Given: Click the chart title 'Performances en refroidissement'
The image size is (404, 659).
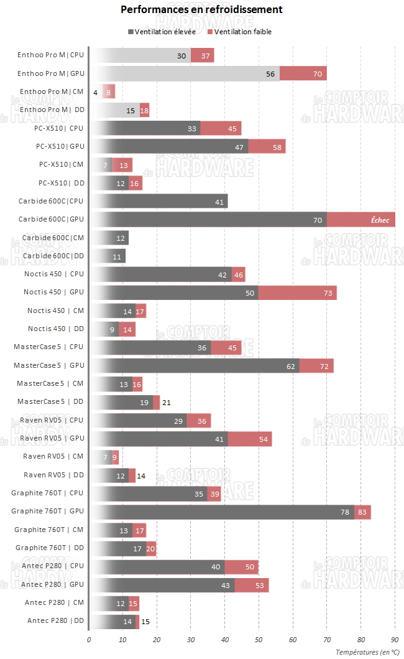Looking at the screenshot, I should click(x=201, y=9).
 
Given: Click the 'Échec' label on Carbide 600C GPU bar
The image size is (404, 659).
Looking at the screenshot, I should click(x=380, y=220).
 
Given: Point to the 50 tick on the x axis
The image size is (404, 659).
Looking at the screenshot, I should click(x=259, y=639).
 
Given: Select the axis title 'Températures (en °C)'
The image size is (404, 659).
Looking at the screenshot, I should click(x=368, y=652).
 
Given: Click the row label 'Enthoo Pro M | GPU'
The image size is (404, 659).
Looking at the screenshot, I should click(x=50, y=74).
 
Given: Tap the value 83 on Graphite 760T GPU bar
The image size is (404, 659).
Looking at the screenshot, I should click(x=363, y=512).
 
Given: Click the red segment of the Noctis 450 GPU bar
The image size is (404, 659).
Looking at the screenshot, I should click(x=297, y=292).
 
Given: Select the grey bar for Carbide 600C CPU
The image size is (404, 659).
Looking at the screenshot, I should click(x=158, y=202).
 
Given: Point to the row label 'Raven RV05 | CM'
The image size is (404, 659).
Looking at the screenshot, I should click(x=53, y=457).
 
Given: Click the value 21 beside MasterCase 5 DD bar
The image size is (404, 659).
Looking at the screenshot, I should click(x=166, y=403).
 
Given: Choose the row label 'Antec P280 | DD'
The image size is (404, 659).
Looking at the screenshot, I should click(x=55, y=621).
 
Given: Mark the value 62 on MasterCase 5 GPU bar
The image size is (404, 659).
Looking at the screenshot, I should click(x=291, y=366).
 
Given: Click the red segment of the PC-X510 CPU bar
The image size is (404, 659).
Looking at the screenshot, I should click(x=221, y=129).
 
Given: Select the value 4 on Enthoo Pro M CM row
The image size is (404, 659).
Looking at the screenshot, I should click(x=95, y=92).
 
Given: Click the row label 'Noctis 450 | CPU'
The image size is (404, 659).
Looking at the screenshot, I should click(x=53, y=274).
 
